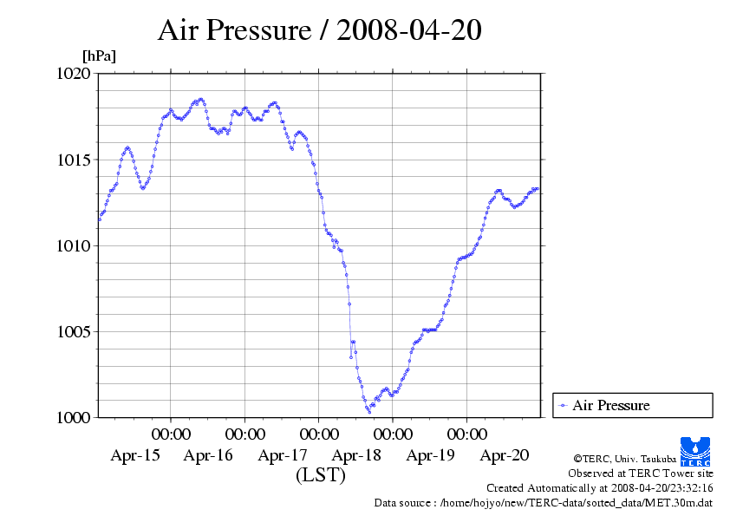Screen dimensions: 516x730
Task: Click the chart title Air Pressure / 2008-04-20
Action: (319, 30)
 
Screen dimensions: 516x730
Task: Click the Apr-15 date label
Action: (135, 455)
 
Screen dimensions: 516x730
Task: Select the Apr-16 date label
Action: (209, 455)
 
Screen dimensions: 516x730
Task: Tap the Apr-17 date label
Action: (283, 455)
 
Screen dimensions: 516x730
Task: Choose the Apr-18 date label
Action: (357, 455)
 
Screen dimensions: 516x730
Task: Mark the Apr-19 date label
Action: (431, 455)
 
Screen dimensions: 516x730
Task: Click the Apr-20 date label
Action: (505, 455)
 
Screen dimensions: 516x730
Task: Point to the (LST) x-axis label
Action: (321, 475)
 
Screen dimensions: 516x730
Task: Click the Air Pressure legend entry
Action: (610, 405)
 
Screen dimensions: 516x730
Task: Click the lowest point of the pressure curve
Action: (368, 412)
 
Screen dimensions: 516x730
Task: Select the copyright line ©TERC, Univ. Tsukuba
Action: (624, 458)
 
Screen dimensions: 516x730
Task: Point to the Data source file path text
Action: (544, 502)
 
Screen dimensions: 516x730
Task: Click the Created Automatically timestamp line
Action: (599, 487)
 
